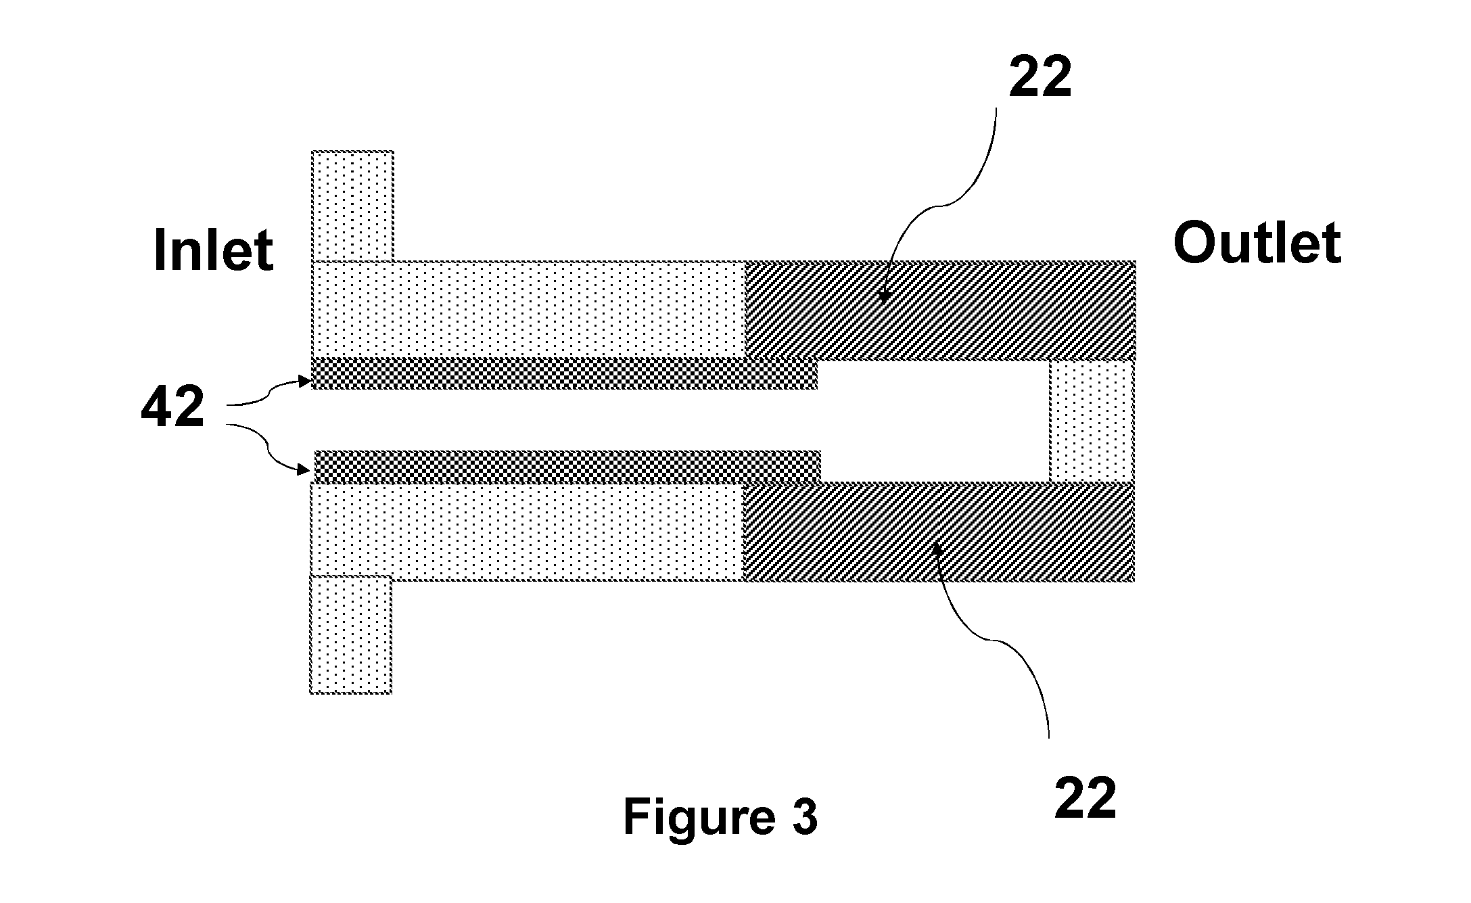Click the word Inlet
[x=214, y=250]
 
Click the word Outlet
[x=1257, y=243]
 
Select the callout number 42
[x=172, y=408]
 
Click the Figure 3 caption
[x=720, y=818]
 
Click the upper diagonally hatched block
[x=939, y=310]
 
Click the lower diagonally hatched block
[x=939, y=532]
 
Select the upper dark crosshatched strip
[x=564, y=373]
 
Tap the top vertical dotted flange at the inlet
[x=352, y=206]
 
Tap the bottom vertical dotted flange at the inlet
[x=351, y=634]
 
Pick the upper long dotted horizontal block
[x=528, y=309]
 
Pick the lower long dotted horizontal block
[x=527, y=532]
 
